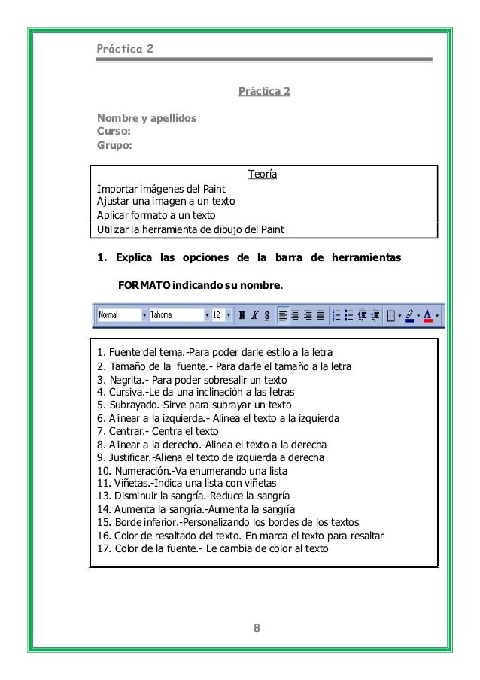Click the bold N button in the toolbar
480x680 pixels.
[x=242, y=316]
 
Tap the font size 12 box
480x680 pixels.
[x=217, y=316]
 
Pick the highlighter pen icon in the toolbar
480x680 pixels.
[x=409, y=316]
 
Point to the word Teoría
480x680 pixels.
[x=263, y=175]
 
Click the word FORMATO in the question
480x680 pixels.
[x=144, y=286]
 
